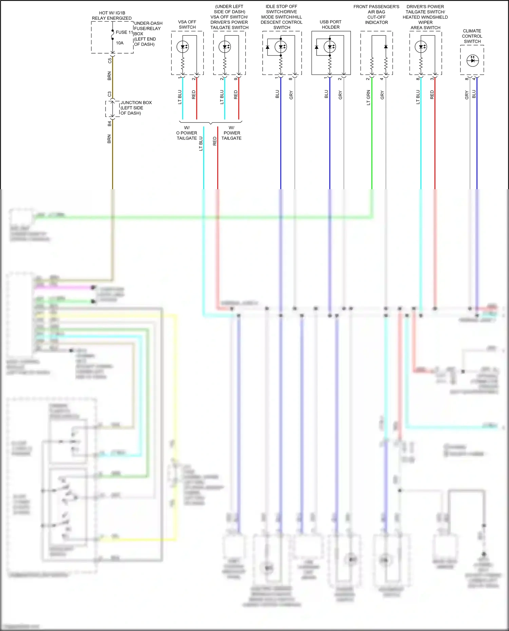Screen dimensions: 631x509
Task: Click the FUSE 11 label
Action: tap(124, 32)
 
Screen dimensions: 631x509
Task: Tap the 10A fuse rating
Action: tap(120, 43)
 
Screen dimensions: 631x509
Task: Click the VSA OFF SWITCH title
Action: tap(187, 24)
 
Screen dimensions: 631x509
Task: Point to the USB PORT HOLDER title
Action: tap(331, 24)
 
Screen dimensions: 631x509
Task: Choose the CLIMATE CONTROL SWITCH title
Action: tap(472, 36)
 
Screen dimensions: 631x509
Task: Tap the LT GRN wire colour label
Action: tap(369, 97)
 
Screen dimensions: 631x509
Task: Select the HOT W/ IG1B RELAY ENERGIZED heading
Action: tap(112, 16)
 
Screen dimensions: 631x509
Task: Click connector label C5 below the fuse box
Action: tap(110, 61)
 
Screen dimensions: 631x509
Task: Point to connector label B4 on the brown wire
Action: tap(109, 124)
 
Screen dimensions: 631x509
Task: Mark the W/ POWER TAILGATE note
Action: tap(231, 133)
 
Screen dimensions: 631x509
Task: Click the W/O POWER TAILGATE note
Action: tap(187, 133)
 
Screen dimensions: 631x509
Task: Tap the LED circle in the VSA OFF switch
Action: tap(183, 47)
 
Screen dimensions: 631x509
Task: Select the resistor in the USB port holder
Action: tap(330, 63)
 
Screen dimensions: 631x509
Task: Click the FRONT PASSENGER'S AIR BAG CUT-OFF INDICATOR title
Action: tap(376, 15)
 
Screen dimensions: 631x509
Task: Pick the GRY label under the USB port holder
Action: tap(340, 95)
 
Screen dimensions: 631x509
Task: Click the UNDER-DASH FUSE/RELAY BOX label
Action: tap(148, 34)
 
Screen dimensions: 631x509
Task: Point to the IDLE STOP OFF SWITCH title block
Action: tap(281, 17)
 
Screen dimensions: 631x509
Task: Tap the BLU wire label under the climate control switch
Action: tap(474, 94)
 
